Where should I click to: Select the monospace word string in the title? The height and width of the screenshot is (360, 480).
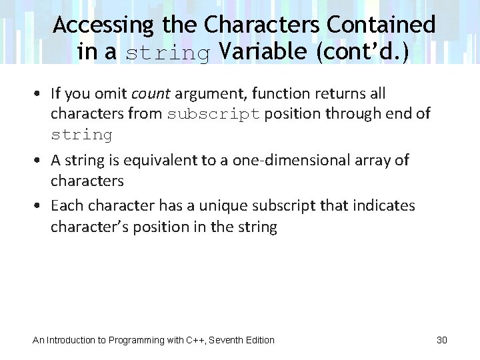tap(169, 53)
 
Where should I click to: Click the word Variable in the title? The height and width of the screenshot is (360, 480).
tap(263, 52)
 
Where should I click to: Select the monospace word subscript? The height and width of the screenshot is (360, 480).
tap(214, 114)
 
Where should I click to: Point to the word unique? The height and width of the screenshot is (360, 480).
tap(199, 205)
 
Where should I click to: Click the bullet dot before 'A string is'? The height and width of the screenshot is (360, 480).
tap(41, 161)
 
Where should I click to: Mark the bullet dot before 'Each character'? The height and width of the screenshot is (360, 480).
tap(41, 206)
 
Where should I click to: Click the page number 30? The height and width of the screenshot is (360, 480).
tap(441, 340)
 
